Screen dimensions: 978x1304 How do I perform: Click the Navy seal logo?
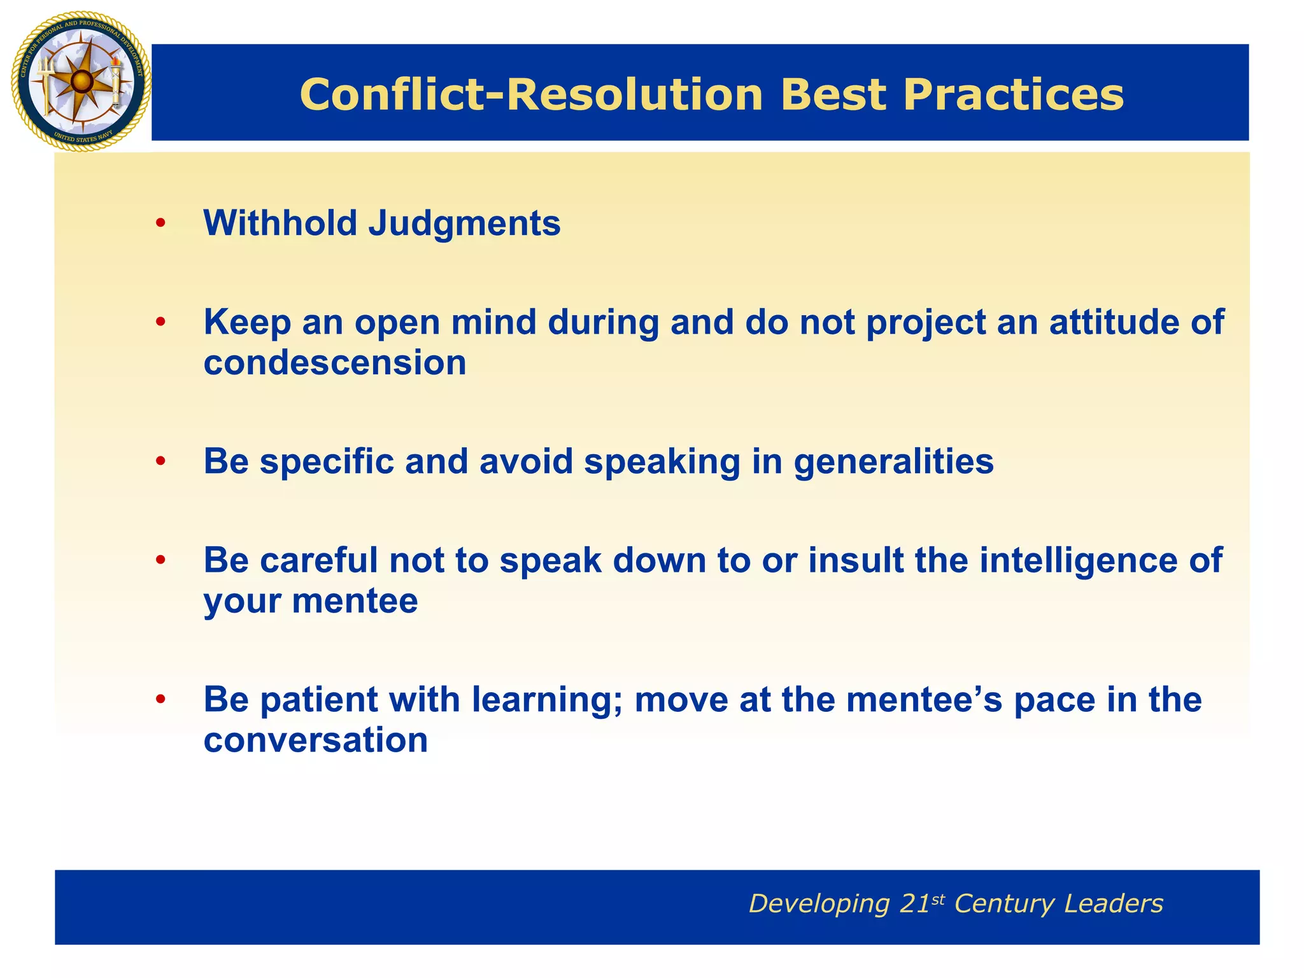click(81, 81)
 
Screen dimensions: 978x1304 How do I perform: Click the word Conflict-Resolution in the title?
click(531, 94)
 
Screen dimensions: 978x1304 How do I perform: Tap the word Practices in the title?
click(1013, 94)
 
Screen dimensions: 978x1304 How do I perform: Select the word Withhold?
click(280, 223)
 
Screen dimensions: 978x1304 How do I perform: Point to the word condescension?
click(335, 363)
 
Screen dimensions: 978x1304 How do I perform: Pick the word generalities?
click(893, 462)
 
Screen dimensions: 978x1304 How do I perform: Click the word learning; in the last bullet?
click(547, 700)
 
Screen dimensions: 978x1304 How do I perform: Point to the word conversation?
click(316, 740)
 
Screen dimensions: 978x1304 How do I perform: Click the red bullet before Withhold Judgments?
click(160, 223)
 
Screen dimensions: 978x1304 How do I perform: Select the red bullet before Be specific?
click(160, 461)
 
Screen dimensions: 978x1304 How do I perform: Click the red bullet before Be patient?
click(160, 699)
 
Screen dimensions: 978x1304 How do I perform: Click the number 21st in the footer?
click(922, 904)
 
